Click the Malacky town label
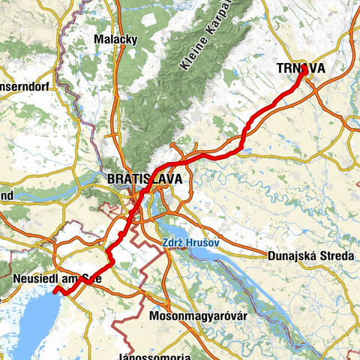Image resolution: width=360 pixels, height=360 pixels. [114, 39]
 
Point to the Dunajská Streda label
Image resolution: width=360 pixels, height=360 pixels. [309, 256]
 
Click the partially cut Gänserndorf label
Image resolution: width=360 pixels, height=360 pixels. [25, 86]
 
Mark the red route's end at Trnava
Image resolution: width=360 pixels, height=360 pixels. [304, 68]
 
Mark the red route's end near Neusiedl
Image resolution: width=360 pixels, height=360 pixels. [55, 289]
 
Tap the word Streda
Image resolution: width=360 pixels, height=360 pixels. [335, 256]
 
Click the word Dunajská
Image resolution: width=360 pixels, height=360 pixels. [291, 256]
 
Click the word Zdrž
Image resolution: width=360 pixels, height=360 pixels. [172, 242]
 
